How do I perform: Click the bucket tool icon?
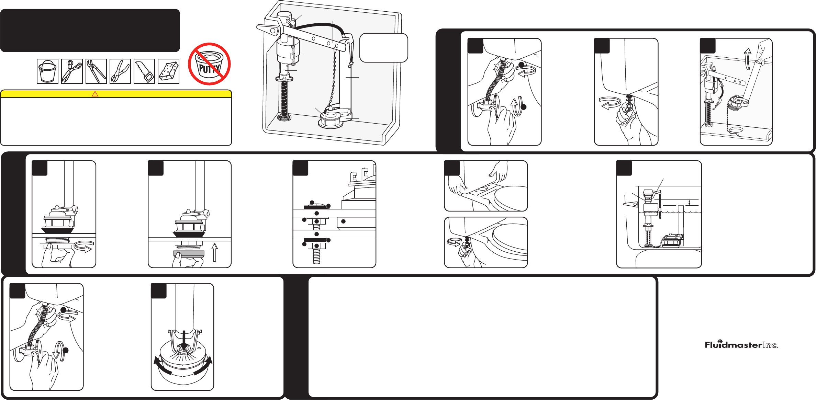[x=47, y=71]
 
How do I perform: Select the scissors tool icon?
[x=72, y=71]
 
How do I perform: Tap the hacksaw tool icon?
[x=144, y=71]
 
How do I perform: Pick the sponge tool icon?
[x=168, y=71]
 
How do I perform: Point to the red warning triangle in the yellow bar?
[x=95, y=94]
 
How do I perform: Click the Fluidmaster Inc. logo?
[x=741, y=344]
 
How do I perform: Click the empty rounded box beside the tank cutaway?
[x=383, y=48]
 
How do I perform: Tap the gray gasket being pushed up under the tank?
[x=189, y=254]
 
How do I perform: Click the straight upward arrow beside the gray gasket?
[x=215, y=252]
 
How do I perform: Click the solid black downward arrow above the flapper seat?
[x=184, y=340]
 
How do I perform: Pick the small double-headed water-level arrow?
[x=689, y=203]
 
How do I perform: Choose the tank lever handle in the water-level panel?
[x=630, y=204]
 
